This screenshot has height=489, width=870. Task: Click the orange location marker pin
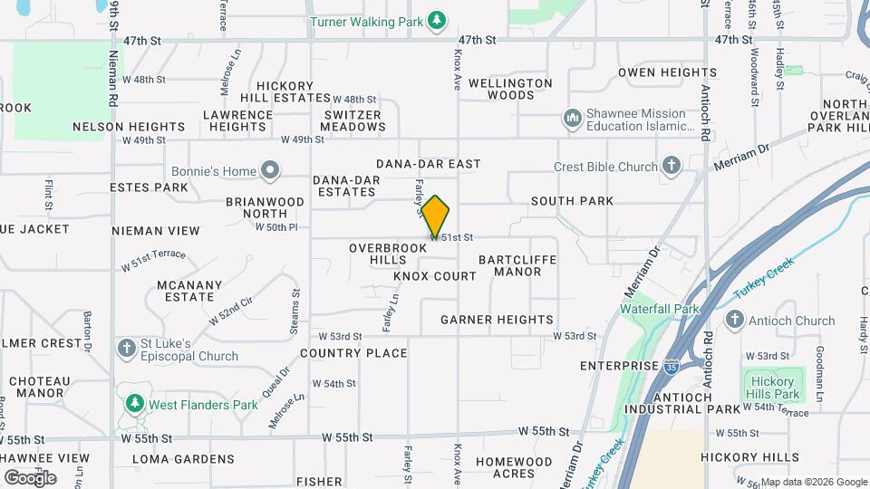click(x=436, y=216)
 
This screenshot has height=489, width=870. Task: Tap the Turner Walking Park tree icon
click(x=438, y=20)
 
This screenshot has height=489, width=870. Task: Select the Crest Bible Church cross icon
click(x=671, y=167)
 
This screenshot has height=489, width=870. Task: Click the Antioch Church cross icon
click(x=734, y=321)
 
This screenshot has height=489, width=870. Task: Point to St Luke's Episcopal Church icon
click(x=126, y=348)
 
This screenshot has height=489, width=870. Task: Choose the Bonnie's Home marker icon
click(x=270, y=170)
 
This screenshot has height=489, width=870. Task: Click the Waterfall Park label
click(x=661, y=308)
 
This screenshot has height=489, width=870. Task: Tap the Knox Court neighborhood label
click(x=435, y=276)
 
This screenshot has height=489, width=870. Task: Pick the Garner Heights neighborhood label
click(x=497, y=320)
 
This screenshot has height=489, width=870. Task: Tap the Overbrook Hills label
click(x=388, y=254)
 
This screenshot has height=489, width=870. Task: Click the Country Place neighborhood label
click(x=353, y=353)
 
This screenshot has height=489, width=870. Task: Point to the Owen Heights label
click(x=667, y=72)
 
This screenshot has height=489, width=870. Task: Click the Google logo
click(x=30, y=477)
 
